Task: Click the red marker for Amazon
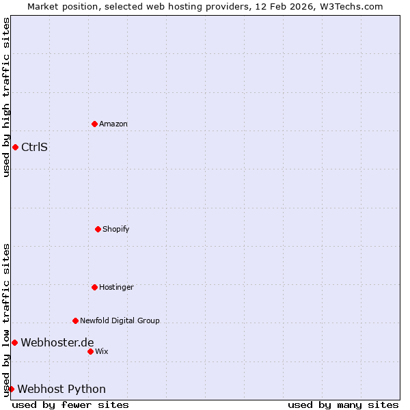click(x=94, y=124)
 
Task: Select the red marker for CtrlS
click(x=15, y=147)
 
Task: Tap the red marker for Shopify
click(x=98, y=229)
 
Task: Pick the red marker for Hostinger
click(x=94, y=287)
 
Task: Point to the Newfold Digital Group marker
click(x=75, y=320)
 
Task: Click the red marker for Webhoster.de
click(x=14, y=342)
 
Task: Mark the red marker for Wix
click(x=90, y=351)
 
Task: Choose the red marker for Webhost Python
click(x=11, y=389)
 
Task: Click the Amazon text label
click(x=113, y=124)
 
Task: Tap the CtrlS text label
click(x=34, y=147)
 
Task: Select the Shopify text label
click(x=116, y=229)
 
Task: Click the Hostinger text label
click(x=116, y=287)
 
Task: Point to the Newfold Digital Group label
click(x=120, y=320)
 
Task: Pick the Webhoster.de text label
click(x=57, y=342)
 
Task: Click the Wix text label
click(x=102, y=351)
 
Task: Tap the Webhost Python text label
click(x=61, y=389)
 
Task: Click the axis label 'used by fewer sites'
click(x=70, y=405)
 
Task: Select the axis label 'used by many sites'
click(x=343, y=405)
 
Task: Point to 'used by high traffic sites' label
click(x=6, y=97)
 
